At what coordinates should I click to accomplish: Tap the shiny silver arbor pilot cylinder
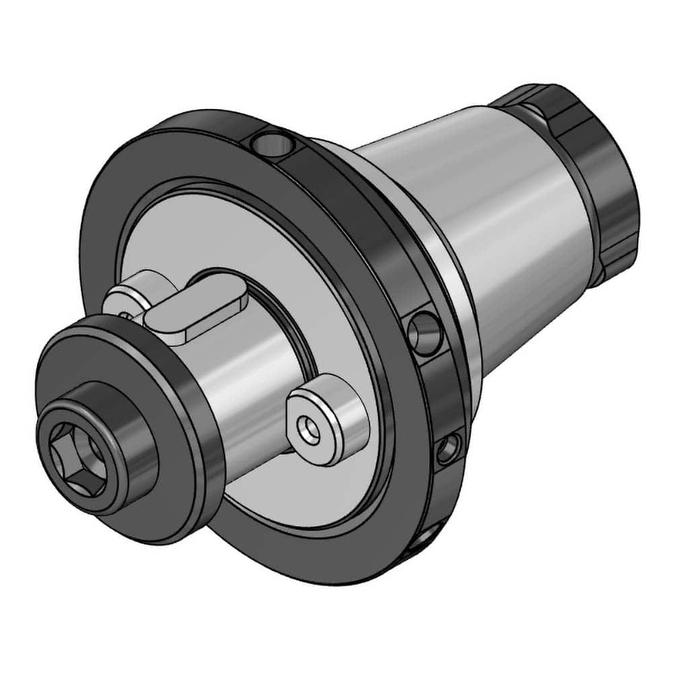pos(249,390)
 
